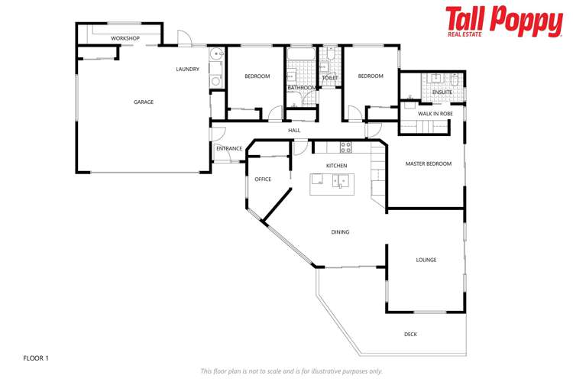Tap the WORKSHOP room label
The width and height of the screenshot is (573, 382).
tap(125, 38)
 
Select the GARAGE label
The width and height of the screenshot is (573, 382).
tap(144, 102)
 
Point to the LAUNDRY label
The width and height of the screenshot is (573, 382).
tap(187, 70)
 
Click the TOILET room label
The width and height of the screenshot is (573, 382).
tap(330, 78)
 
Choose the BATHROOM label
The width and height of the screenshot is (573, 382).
tap(301, 88)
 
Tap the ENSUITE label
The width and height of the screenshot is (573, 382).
tap(442, 92)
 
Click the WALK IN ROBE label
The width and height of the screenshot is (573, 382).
tap(435, 113)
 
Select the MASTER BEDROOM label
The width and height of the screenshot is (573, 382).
tap(428, 163)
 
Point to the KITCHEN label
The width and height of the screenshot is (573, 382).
tap(336, 166)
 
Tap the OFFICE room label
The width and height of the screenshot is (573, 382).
tap(263, 180)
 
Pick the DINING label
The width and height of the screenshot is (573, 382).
tap(340, 232)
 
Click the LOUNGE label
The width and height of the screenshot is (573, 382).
tap(426, 260)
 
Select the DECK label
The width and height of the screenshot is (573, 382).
tap(410, 334)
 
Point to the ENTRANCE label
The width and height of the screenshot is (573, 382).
tap(229, 148)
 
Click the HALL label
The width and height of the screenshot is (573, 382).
tap(294, 131)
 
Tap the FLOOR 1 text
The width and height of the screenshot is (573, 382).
tap(36, 358)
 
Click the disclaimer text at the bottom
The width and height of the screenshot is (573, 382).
tap(291, 371)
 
